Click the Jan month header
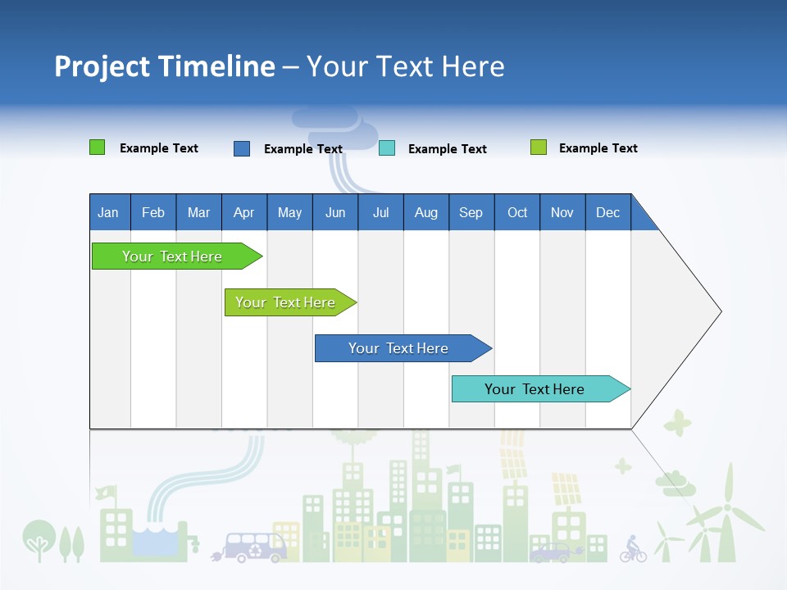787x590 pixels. coord(108,212)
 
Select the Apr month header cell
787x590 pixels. coord(243,212)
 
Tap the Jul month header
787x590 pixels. coord(380,212)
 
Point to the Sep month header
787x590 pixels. coord(471,212)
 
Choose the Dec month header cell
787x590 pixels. coord(607,212)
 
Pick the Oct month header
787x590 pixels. coord(517,212)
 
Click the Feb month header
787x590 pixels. coord(153,212)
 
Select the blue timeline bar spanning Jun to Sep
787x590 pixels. coord(399,348)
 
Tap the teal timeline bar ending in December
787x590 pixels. coord(535,389)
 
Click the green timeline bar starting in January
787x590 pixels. coord(173,256)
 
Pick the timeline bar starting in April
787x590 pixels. coord(286,302)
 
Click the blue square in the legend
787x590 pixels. coord(242,148)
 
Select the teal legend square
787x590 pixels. coord(387,148)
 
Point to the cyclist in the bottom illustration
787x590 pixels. coord(633,549)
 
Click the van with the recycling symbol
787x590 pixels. coord(254,547)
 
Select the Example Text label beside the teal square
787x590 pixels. coord(448,149)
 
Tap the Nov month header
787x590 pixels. coord(562,212)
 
